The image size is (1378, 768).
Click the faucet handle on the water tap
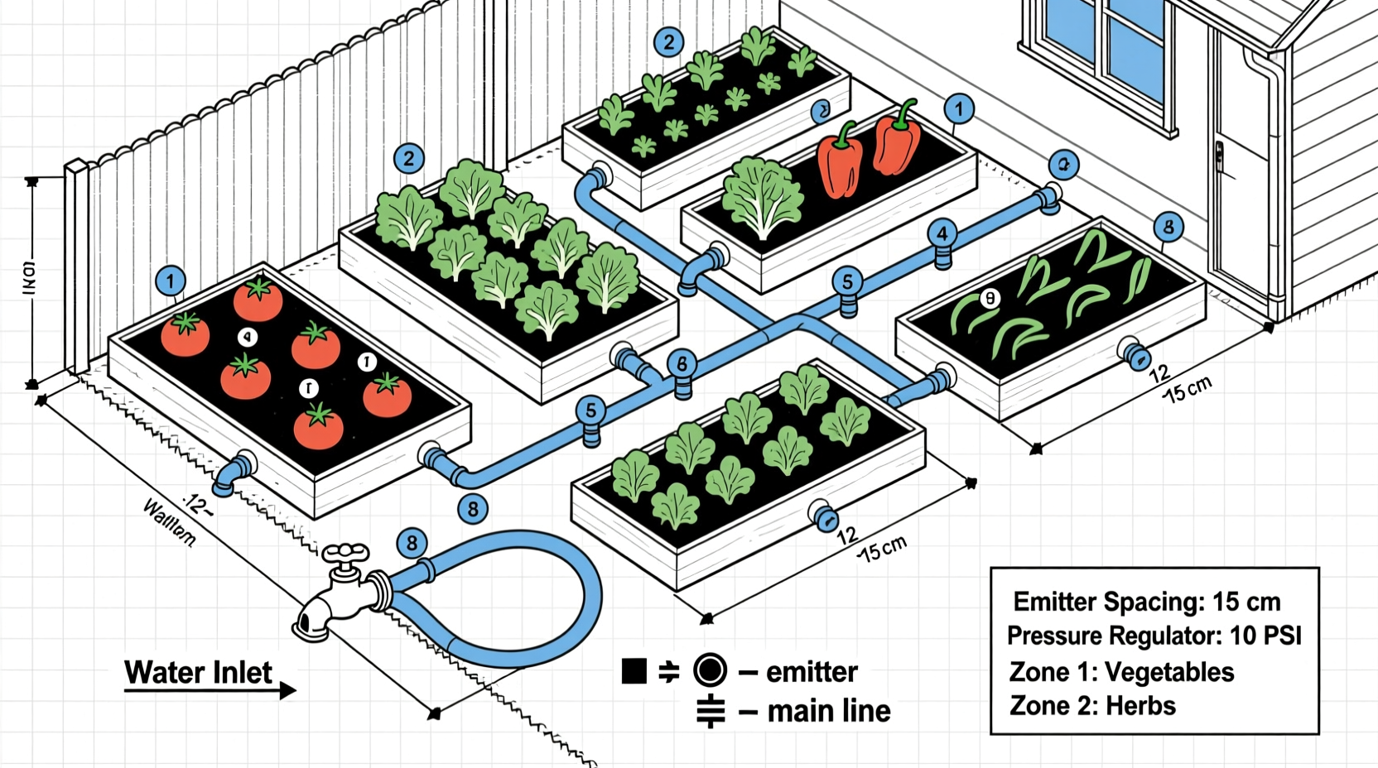[345, 553]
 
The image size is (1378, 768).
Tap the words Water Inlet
[198, 672]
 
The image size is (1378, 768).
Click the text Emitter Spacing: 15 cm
[1146, 602]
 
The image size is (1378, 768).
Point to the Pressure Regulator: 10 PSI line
[1154, 636]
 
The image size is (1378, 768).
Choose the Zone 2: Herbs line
[1092, 706]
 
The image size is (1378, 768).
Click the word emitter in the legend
[812, 671]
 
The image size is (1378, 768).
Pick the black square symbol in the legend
[634, 671]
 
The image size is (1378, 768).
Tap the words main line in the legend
[828, 711]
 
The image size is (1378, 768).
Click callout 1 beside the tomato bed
[170, 281]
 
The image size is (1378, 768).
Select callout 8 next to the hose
[412, 544]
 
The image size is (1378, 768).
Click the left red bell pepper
[839, 163]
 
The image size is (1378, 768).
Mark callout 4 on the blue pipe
[942, 234]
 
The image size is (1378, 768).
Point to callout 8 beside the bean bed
[1168, 227]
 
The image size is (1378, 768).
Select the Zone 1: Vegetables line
[1120, 671]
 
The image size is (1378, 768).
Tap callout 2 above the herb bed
[668, 42]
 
